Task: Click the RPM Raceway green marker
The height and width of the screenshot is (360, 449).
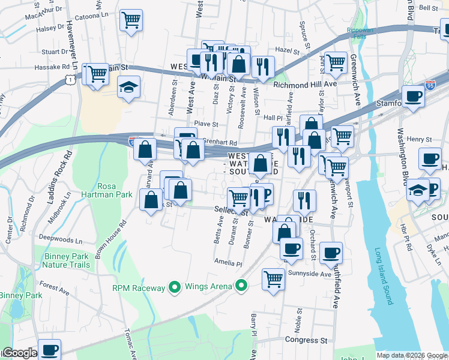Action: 175,287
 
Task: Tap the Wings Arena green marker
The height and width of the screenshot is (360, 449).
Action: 241,286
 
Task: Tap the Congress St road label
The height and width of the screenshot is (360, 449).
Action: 306,340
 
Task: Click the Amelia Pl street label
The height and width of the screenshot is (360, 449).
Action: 228,263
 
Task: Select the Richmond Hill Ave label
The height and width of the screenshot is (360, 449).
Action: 305,85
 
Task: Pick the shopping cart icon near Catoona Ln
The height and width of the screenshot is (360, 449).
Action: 131,20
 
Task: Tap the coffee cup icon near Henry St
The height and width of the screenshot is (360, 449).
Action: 430,158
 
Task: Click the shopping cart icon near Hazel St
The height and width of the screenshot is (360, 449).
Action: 336,61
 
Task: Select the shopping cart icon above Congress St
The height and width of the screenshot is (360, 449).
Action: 273,278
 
